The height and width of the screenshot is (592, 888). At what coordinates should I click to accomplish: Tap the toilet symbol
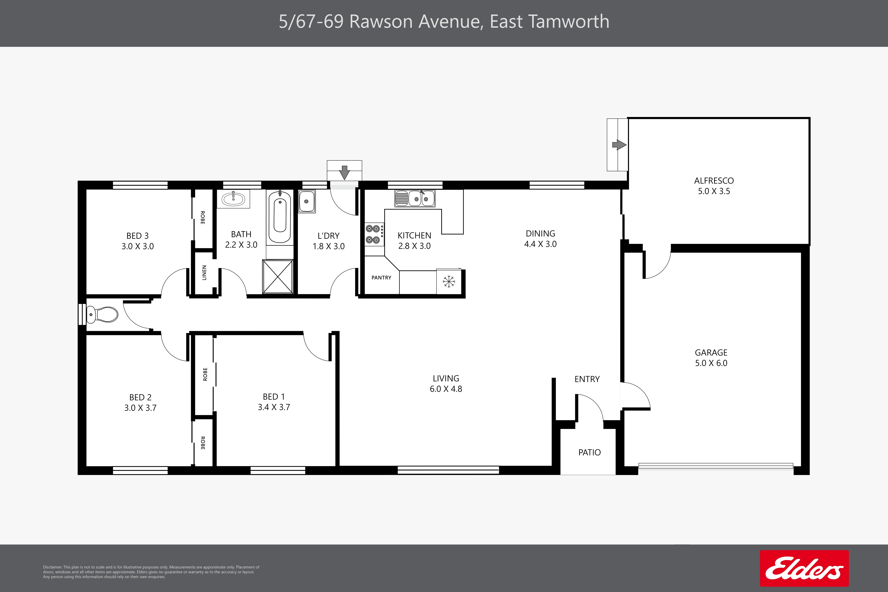coord(102,314)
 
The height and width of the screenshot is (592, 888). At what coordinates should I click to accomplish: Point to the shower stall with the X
coord(278,276)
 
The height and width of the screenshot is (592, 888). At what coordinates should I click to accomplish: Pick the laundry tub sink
coord(307,201)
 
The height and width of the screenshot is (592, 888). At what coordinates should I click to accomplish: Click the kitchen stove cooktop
coord(373,234)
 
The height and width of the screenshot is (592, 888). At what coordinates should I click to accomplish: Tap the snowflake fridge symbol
coord(449,281)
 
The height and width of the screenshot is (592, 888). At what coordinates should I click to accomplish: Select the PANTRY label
coord(381,278)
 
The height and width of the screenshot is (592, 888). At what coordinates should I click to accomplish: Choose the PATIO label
coord(589,452)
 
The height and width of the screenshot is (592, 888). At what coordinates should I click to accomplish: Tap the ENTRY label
coord(587,379)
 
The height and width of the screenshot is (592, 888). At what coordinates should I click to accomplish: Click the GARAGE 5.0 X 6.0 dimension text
coord(711,363)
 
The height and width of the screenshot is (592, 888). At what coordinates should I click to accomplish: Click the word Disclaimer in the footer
coord(52,567)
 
